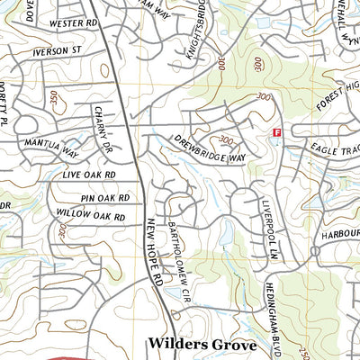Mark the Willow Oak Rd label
coord(90,217)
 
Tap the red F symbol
coord(277,131)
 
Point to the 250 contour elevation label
coord(354,347)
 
